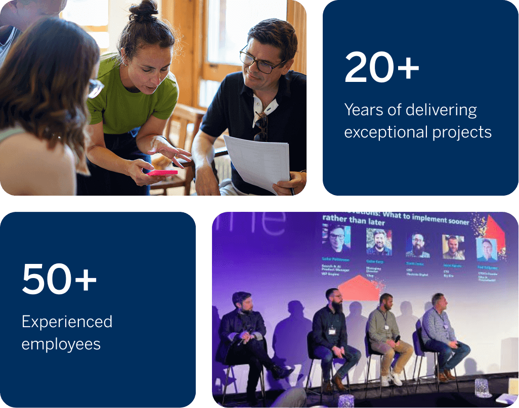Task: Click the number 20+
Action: point(382,68)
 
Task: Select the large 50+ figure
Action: point(59,279)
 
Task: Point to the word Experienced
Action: point(67,322)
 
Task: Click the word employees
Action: point(61,344)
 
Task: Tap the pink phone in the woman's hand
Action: point(162,172)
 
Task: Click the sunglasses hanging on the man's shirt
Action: point(261,126)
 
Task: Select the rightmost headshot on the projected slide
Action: point(486,248)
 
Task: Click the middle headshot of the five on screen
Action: point(417,245)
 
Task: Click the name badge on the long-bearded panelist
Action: point(332,331)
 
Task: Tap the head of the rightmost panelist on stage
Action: point(438,300)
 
